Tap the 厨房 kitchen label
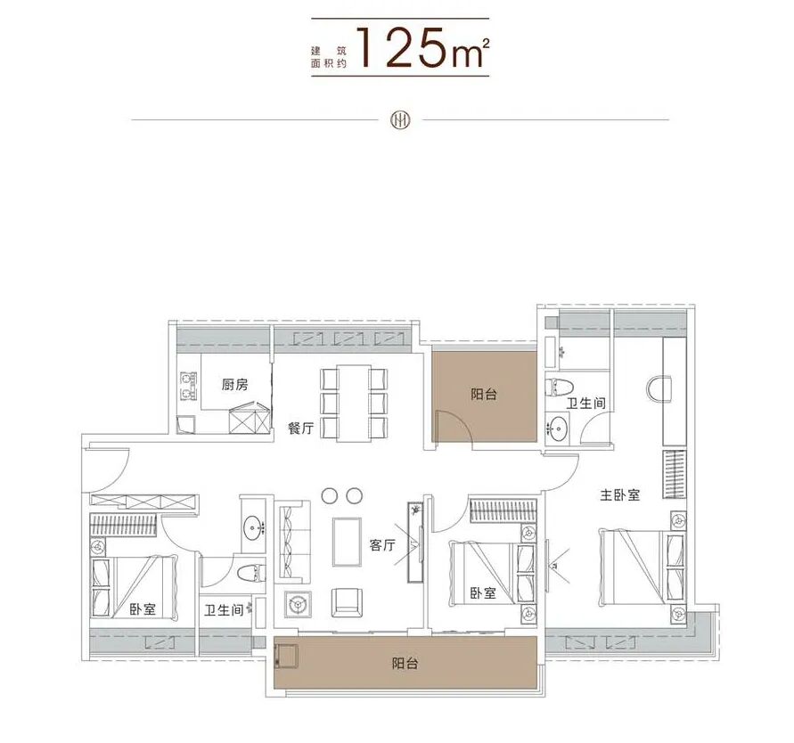234,385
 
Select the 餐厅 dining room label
300,429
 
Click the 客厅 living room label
382,545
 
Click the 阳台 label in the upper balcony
484,394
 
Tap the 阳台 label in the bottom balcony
405,664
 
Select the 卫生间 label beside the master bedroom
587,404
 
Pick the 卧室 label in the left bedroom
142,609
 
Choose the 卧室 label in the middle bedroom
483,592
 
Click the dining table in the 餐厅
354,402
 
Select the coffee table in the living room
347,541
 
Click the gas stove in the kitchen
188,384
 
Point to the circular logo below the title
398,120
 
